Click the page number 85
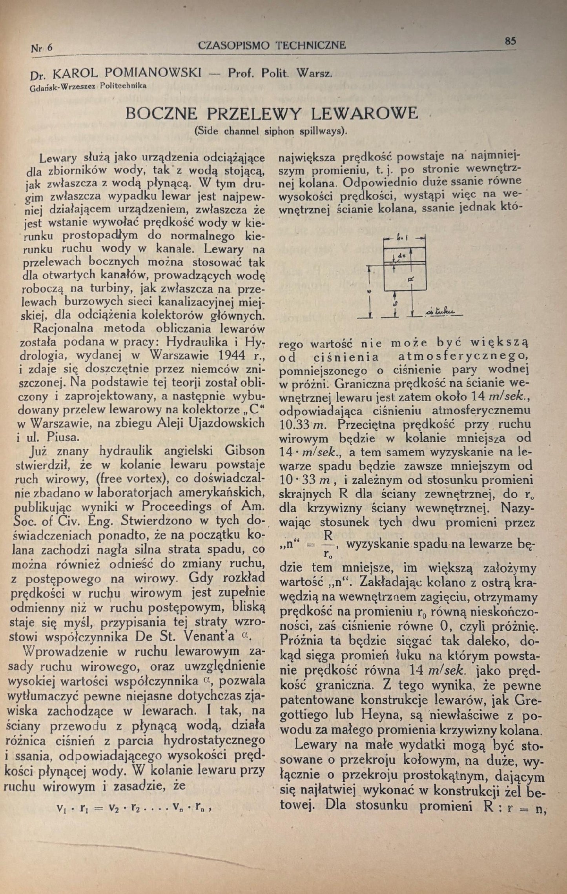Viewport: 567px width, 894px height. (510, 41)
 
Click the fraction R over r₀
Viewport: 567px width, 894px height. (328, 544)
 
